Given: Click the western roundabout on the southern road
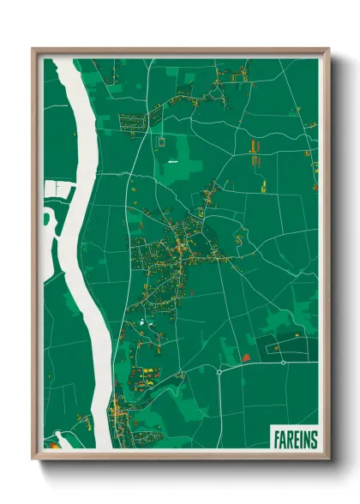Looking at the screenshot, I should coord(220,371).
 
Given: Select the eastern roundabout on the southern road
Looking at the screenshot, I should coord(283,363).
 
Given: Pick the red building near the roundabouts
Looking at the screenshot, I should coord(246,358).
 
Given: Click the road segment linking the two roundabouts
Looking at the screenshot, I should coord(251,367).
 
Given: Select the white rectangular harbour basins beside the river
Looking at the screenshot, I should coord(57,188).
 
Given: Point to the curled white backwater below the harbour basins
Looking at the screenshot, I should coord(49,218).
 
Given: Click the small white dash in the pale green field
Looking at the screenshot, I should coord(172,160).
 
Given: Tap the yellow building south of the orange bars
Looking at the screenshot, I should coord(263,185).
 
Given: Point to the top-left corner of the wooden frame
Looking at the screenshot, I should coord(33,49).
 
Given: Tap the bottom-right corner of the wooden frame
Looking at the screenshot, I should coord(328,459).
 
